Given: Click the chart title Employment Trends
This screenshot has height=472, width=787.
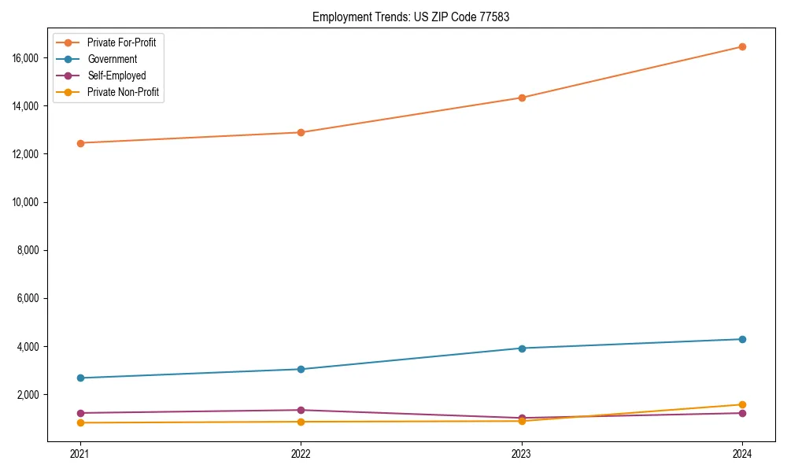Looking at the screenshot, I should (410, 17).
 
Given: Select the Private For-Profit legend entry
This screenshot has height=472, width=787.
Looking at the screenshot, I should (121, 42).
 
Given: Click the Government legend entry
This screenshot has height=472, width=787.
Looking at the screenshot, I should (112, 59).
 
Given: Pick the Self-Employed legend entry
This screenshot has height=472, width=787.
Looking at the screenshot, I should (116, 76).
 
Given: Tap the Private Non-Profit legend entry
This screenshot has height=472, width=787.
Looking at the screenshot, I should (123, 92).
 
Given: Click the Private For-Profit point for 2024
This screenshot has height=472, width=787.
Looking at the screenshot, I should (742, 46).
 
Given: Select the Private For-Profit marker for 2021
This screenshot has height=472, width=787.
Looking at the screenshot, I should (80, 143).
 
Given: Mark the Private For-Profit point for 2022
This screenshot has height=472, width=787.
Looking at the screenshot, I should (301, 132).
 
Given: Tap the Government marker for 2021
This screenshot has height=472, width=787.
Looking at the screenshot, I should (80, 378).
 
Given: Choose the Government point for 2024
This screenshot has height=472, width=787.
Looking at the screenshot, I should (742, 339).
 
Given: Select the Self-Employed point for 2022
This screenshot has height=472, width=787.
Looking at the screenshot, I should (301, 410).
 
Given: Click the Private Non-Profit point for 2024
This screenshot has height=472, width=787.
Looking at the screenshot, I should (742, 404).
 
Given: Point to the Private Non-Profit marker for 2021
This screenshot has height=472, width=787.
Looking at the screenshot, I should (80, 422).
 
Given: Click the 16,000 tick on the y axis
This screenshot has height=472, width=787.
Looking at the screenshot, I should (28, 58).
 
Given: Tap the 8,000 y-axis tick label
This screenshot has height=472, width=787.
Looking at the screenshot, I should (30, 250).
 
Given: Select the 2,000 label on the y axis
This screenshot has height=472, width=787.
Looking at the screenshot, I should (30, 394).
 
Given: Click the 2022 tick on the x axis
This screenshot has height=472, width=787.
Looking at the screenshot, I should (301, 453).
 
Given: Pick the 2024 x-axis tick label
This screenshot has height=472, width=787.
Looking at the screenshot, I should (742, 453).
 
